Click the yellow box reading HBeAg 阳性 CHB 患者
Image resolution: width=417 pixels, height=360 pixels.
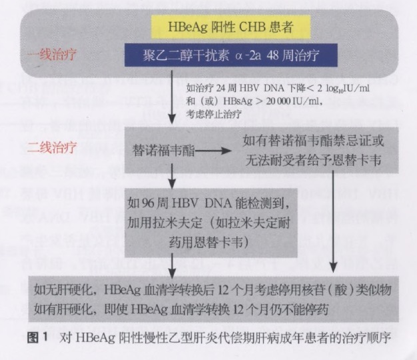[x=231, y=27]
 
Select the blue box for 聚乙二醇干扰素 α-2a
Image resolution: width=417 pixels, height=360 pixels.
[x=231, y=55]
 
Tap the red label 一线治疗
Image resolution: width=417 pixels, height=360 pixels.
[x=52, y=54]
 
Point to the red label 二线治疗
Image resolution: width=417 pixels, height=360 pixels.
[x=52, y=147]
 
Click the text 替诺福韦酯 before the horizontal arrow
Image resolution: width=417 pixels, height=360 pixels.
[x=164, y=151]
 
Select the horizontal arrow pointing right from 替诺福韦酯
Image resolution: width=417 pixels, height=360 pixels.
[x=213, y=151]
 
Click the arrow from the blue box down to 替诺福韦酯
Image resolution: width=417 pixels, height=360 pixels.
[x=172, y=97]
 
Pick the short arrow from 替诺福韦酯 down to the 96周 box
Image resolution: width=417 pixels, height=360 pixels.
[x=172, y=176]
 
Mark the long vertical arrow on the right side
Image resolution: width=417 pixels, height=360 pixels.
[x=333, y=221]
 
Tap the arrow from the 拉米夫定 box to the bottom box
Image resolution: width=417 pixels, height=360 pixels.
[x=172, y=265]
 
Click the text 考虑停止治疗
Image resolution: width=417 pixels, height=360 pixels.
[x=214, y=114]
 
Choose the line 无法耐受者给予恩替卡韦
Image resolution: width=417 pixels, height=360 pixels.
[x=313, y=160]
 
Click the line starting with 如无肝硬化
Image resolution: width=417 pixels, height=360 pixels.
[x=212, y=289]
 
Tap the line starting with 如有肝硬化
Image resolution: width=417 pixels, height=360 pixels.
[x=181, y=309]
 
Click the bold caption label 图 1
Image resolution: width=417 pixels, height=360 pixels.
[x=37, y=337]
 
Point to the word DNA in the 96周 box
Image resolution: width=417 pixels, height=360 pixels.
[x=218, y=203]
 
